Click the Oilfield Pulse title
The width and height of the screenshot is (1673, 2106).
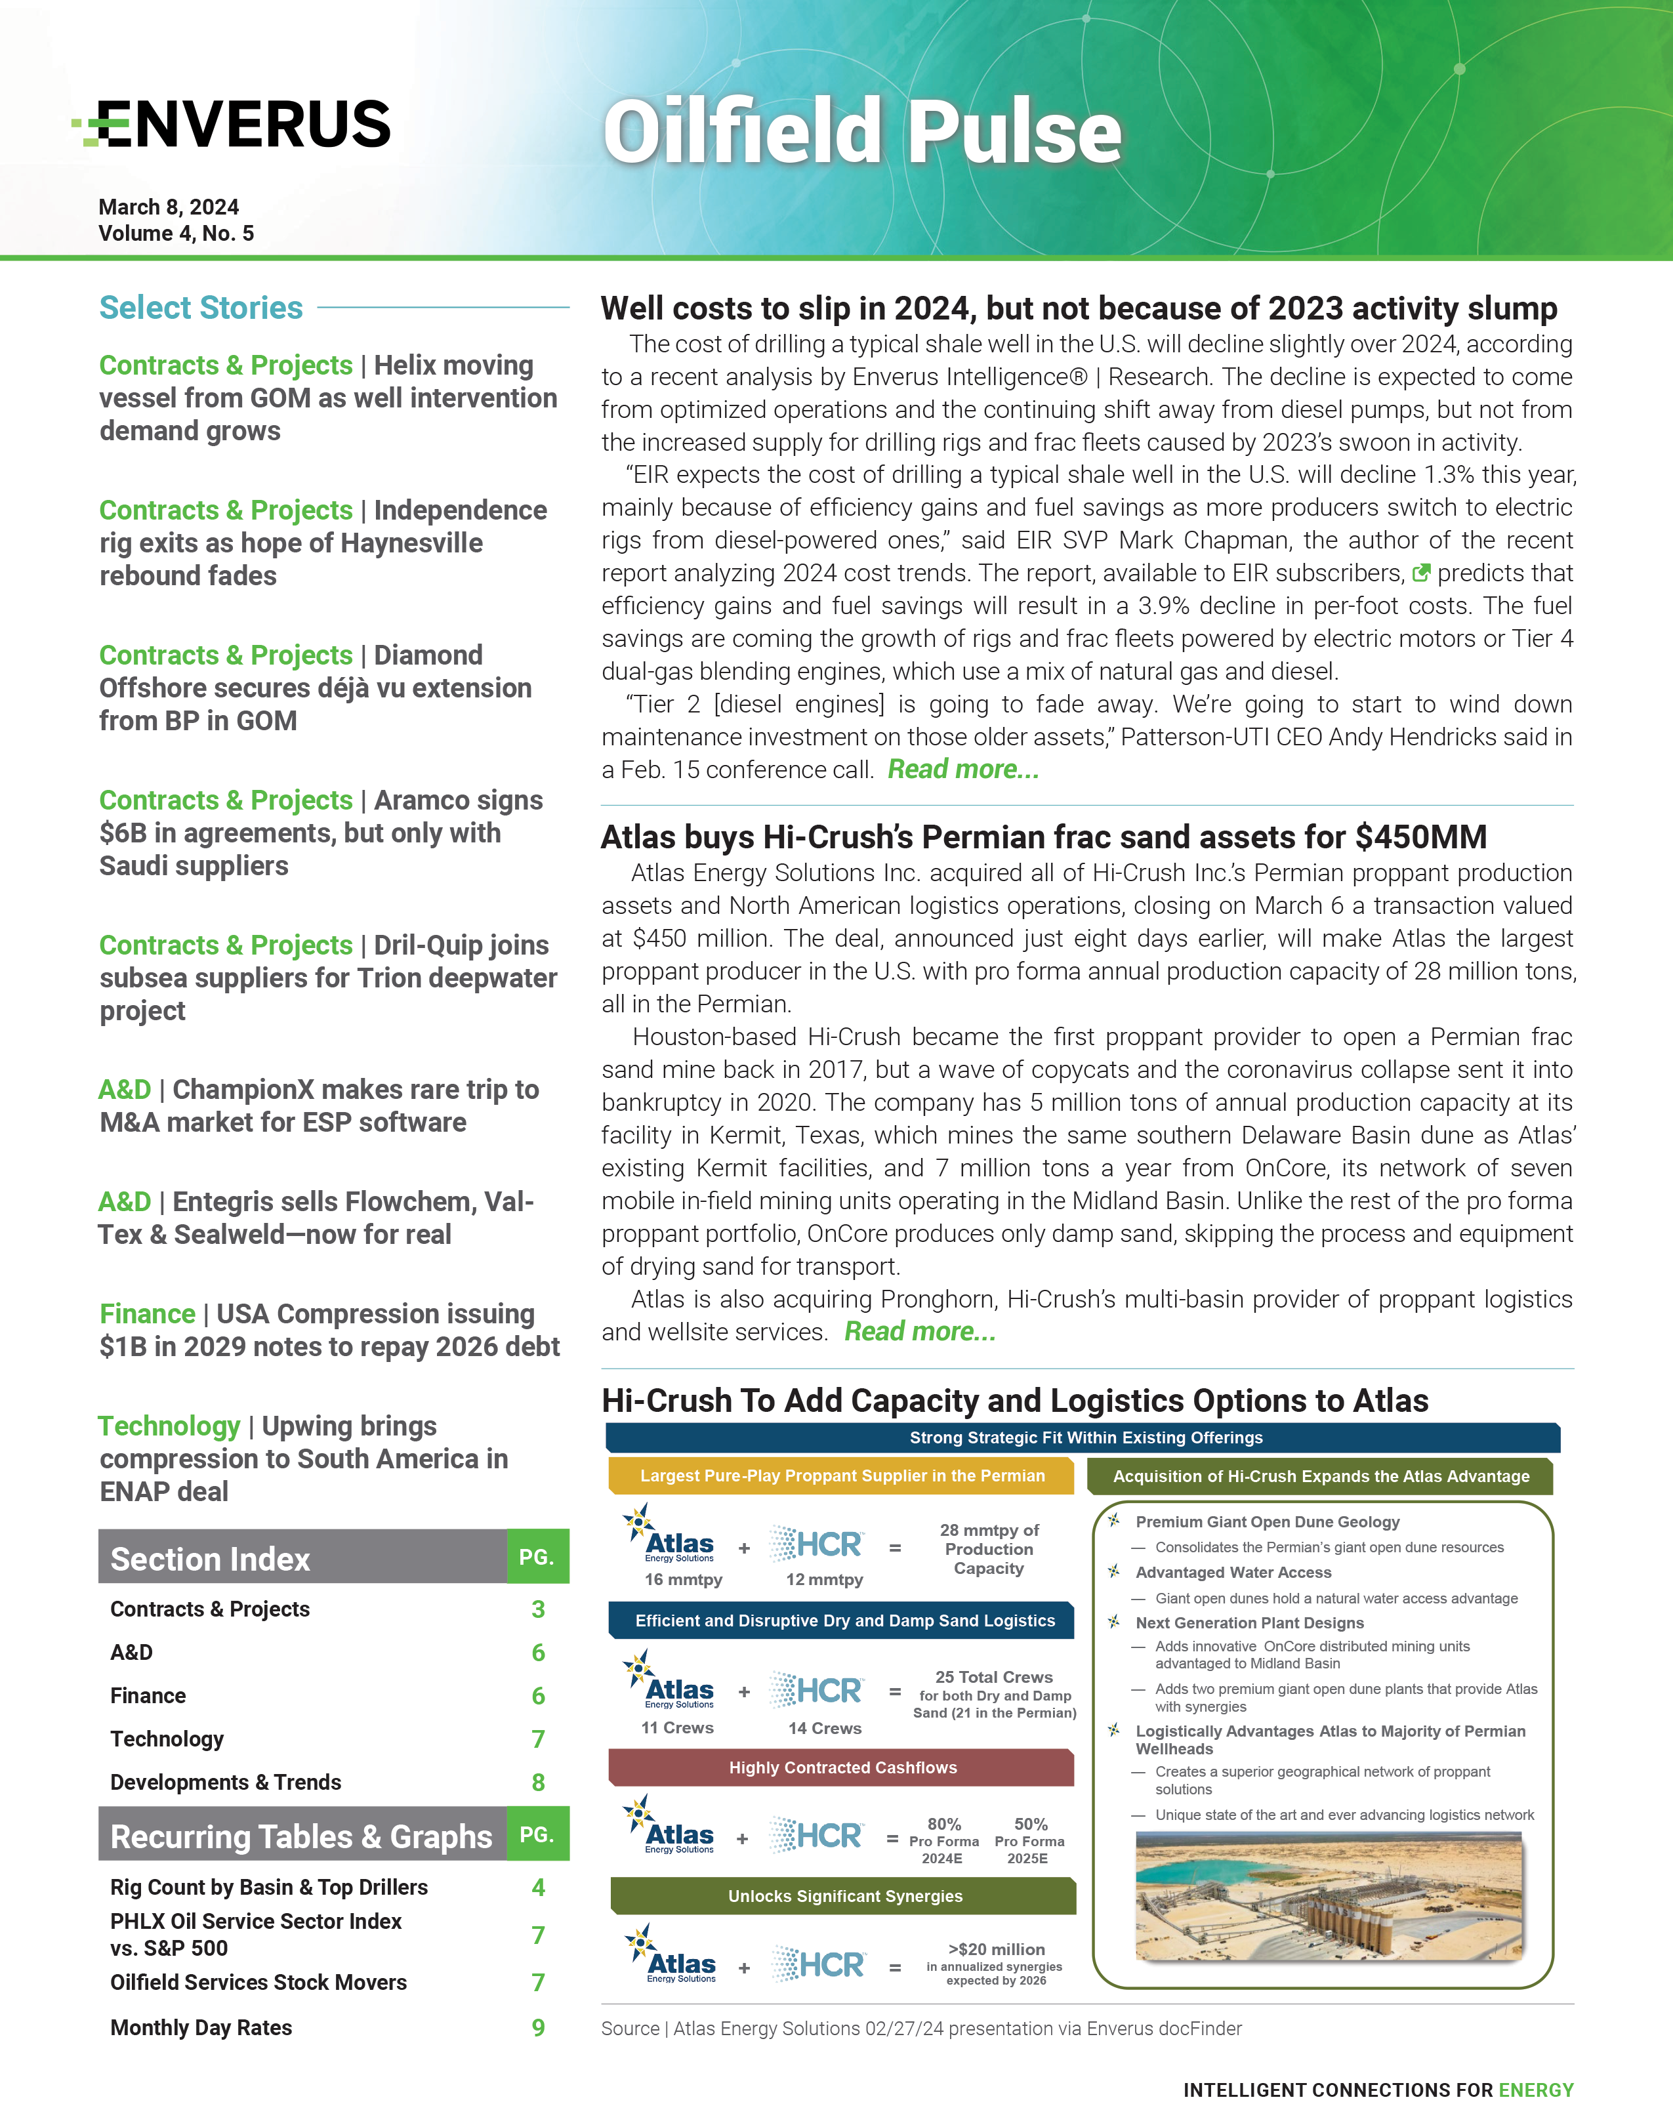click(861, 132)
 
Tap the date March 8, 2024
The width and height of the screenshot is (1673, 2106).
click(168, 207)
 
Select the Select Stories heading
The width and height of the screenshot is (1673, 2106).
click(201, 308)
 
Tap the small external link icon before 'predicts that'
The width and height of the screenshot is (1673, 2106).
click(1421, 573)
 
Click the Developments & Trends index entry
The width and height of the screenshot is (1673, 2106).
click(226, 1782)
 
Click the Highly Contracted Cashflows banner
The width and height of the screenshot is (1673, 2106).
click(842, 1767)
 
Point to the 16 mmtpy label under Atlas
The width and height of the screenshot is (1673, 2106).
click(683, 1580)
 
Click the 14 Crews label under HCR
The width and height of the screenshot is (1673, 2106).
click(824, 1728)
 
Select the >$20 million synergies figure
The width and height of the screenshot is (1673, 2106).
click(996, 1949)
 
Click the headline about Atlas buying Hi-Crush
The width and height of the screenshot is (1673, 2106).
click(1043, 837)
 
